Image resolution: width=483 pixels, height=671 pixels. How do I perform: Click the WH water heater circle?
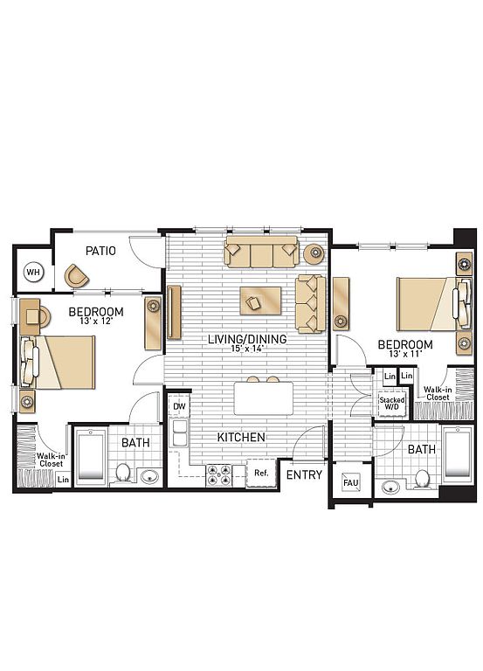(34, 273)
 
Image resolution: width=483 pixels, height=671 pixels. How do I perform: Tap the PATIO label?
(100, 251)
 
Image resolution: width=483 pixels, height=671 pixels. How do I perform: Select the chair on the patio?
(77, 276)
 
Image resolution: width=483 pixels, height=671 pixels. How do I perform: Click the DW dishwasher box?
(179, 406)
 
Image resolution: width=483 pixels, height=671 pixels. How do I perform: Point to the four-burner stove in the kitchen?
(218, 475)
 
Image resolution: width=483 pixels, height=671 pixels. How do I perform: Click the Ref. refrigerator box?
(261, 473)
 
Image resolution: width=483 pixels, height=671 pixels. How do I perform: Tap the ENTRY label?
(304, 474)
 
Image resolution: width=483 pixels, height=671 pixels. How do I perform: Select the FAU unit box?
(351, 482)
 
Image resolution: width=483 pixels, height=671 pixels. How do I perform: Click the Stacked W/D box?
(392, 403)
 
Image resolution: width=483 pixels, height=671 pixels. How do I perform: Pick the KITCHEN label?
(241, 437)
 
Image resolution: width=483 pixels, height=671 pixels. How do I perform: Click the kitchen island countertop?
(264, 398)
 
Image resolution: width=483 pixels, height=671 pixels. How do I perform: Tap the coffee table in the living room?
(260, 301)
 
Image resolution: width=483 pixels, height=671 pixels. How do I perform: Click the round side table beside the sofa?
(314, 253)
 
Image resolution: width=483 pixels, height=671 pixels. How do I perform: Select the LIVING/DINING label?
(247, 339)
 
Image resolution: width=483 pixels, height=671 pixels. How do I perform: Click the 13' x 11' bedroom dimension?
(405, 354)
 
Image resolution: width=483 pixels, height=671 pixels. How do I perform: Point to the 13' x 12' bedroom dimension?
(96, 321)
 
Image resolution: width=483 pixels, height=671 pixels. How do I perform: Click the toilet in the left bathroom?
(123, 472)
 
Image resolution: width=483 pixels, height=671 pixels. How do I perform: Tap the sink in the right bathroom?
(391, 487)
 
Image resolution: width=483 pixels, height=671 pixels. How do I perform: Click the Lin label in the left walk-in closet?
(63, 480)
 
